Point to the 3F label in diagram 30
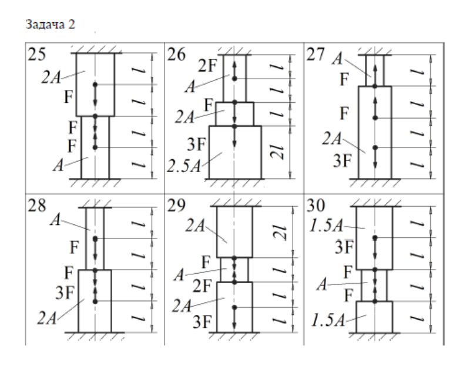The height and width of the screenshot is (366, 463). coord(345,246)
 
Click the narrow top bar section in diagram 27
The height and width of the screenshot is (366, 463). coord(375,70)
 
